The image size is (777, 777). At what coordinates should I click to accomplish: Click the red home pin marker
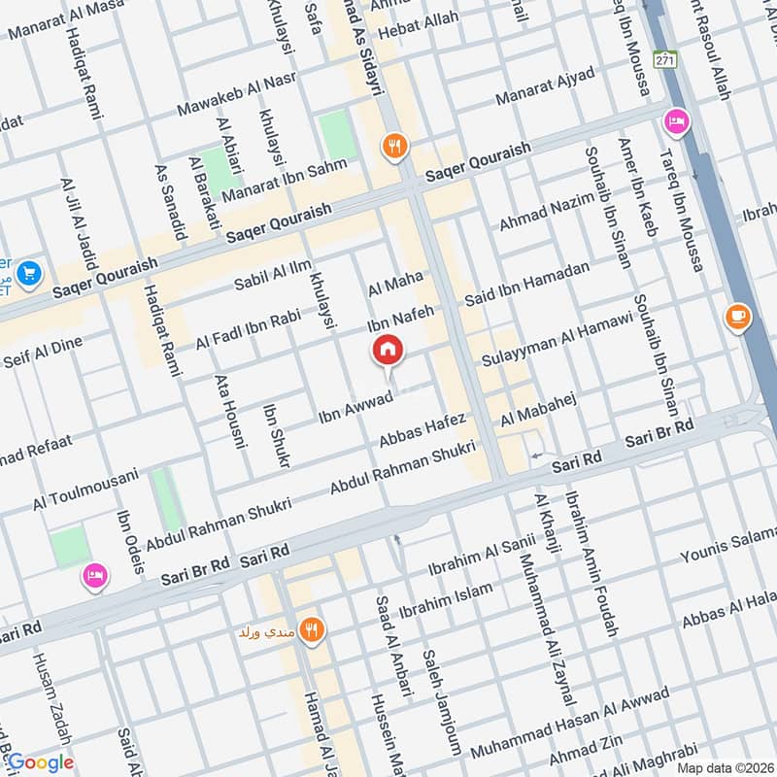coord(388,351)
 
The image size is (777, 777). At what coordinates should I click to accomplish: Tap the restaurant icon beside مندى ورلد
coord(312,631)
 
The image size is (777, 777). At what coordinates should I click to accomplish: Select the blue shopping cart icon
coord(27,275)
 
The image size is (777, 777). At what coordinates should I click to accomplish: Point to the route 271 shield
coord(664,59)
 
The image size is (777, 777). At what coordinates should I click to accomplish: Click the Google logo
coord(41,762)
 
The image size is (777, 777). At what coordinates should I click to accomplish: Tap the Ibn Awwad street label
coord(355,409)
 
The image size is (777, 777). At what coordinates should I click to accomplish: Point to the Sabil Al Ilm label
coord(273,273)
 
